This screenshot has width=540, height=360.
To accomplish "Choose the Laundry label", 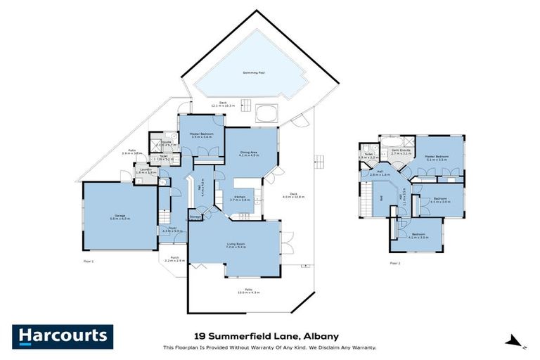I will pos(146,170).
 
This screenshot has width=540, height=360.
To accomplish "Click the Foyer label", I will pos(172,229).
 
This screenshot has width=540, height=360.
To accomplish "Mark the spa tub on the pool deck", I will pos(266,114).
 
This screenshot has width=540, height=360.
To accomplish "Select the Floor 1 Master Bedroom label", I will pos(201,135).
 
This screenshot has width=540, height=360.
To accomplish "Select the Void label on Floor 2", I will pos(371,198).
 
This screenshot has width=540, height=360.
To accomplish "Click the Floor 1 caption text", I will pos(87,262).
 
